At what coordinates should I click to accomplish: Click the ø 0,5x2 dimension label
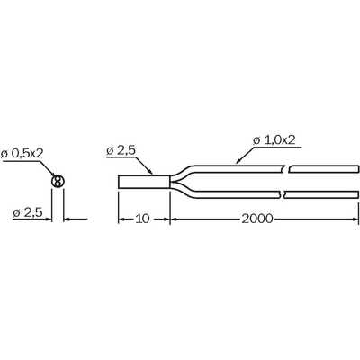coord(22,153)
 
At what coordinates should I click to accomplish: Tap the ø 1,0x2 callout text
coord(274,140)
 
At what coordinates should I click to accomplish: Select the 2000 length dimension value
coord(257,219)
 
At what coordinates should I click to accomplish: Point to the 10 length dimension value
coord(142,219)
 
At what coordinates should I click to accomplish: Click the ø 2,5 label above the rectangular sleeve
coord(121,151)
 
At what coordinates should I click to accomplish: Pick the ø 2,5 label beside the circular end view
coord(28,213)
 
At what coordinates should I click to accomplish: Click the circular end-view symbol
coord(58,182)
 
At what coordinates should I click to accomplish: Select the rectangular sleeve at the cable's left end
coord(144,182)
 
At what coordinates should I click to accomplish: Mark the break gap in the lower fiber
coord(283,194)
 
